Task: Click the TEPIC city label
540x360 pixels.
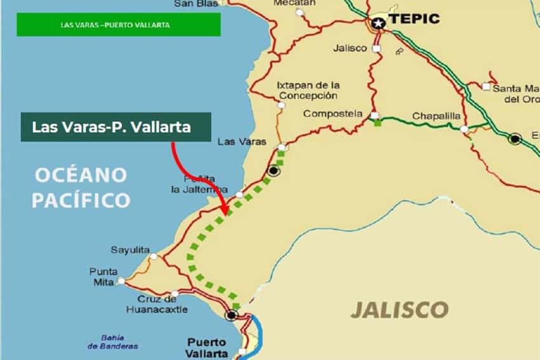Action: click(x=414, y=18)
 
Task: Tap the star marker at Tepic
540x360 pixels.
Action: click(x=379, y=23)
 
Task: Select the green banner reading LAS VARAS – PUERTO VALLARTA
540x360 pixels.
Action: click(x=119, y=25)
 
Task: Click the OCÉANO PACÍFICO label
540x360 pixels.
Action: click(x=81, y=188)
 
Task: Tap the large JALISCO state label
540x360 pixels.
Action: click(x=400, y=310)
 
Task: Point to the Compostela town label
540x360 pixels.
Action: click(x=334, y=114)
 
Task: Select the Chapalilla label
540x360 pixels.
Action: click(x=434, y=116)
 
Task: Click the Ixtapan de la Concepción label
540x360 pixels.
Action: click(x=308, y=90)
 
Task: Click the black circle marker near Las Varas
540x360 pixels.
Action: click(x=274, y=170)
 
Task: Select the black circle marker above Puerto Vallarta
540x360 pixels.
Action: click(x=231, y=314)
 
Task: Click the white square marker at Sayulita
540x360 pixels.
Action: click(x=153, y=257)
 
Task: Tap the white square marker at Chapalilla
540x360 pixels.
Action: click(x=464, y=129)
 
